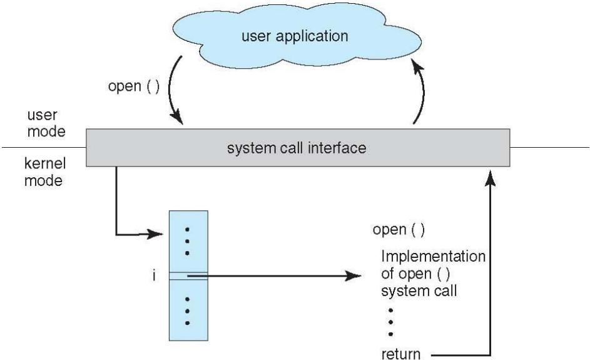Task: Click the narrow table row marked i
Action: tap(188, 275)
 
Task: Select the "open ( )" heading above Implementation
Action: tap(399, 229)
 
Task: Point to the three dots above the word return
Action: tap(391, 321)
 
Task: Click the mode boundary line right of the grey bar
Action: tap(551, 148)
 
